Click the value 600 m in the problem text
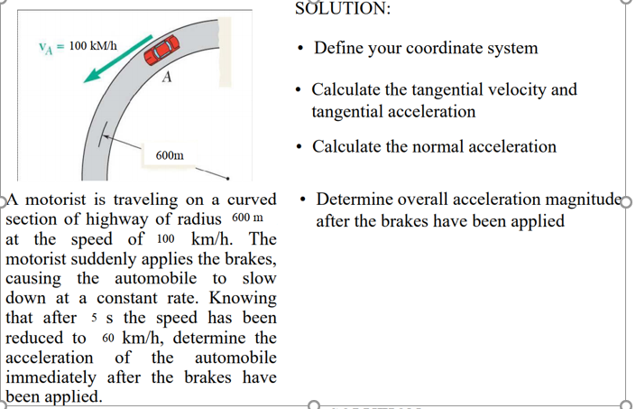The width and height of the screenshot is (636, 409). click(x=247, y=219)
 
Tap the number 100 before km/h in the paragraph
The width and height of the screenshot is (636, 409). click(x=164, y=239)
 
